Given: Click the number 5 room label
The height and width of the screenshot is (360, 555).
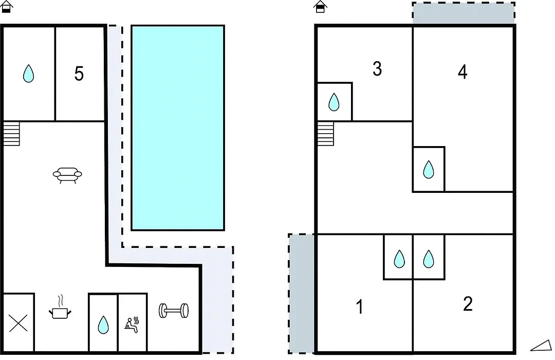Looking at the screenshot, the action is (79, 74).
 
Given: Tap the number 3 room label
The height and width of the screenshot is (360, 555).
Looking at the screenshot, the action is (377, 69).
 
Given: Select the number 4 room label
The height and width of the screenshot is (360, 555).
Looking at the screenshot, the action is (462, 72).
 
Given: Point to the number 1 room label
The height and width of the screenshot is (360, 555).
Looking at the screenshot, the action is (360, 307).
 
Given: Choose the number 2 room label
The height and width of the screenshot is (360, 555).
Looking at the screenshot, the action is (468, 304).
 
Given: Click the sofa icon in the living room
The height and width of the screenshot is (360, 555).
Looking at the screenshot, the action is (67, 175).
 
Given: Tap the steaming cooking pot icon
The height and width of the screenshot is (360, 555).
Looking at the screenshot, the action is (60, 307).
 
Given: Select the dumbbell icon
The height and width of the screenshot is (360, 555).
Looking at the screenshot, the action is (174, 311).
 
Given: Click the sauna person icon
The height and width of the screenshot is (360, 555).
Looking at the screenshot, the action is (132, 325).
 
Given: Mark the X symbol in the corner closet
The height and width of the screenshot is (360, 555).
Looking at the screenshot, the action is (18, 323).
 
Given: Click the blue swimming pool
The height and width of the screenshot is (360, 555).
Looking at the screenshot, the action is (178, 128).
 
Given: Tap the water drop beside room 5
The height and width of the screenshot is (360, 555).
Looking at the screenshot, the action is (28, 74).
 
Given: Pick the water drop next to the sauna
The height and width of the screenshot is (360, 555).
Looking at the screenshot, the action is (103, 325).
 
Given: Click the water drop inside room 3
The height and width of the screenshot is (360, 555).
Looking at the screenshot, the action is (334, 102).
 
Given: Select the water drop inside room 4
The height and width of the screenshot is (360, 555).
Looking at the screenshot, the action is (428, 169).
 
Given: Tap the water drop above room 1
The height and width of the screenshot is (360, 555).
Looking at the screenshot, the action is (399, 259).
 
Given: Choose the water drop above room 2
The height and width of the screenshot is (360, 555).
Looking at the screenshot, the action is (428, 259).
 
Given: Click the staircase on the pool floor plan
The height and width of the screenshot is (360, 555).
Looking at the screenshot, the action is (11, 134).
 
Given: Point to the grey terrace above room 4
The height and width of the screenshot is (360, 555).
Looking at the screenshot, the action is (464, 13).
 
